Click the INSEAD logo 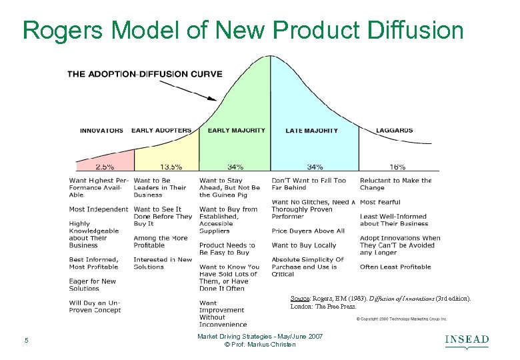click(467, 341)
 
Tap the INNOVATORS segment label click(101, 130)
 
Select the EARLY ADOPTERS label click(161, 130)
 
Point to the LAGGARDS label click(394, 130)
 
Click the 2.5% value click(105, 167)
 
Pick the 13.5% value click(167, 167)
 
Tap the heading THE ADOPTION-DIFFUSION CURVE click(145, 73)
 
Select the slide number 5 click(26, 341)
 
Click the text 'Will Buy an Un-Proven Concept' click(95, 307)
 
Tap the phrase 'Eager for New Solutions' click(93, 285)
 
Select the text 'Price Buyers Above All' click(308, 231)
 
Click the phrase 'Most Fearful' click(381, 202)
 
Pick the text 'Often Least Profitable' click(396, 267)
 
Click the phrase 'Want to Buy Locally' click(304, 245)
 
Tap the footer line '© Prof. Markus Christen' click(260, 345)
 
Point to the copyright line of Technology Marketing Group click(401, 319)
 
